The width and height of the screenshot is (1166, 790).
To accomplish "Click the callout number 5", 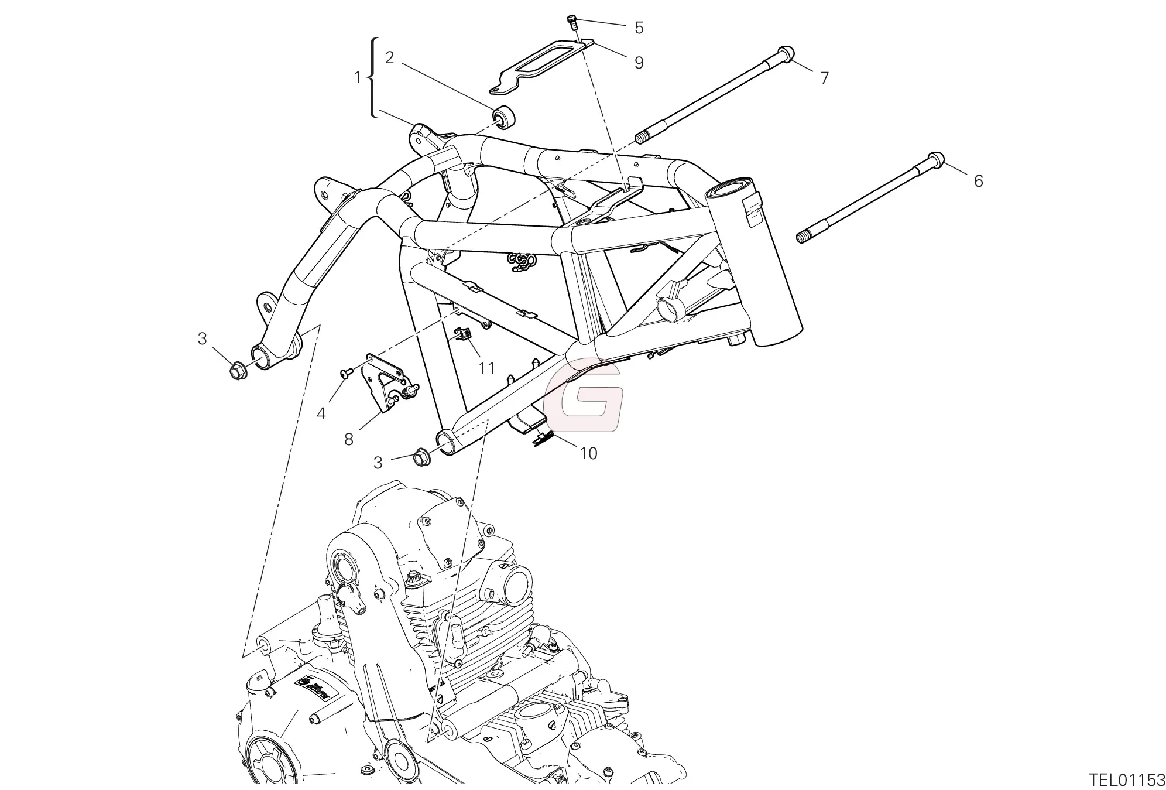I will (639, 28).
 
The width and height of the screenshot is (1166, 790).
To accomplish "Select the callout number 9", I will (639, 63).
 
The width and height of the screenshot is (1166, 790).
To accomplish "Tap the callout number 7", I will (824, 77).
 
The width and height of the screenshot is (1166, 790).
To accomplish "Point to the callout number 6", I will (978, 181).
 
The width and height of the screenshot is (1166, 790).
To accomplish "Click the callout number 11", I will (486, 368).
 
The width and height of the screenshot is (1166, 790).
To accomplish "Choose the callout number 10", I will (588, 453).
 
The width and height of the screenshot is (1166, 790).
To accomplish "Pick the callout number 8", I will (349, 439).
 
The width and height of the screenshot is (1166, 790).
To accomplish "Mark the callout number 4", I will (321, 413).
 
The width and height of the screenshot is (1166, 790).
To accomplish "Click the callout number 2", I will (389, 57).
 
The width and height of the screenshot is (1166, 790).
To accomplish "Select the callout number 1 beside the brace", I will (358, 77).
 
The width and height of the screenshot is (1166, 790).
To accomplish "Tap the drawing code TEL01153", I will (1127, 780).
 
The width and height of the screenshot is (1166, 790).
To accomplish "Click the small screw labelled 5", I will (572, 22).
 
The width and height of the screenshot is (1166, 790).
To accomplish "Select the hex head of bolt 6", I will (935, 160).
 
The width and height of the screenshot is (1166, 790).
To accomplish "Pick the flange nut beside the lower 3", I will (421, 457).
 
